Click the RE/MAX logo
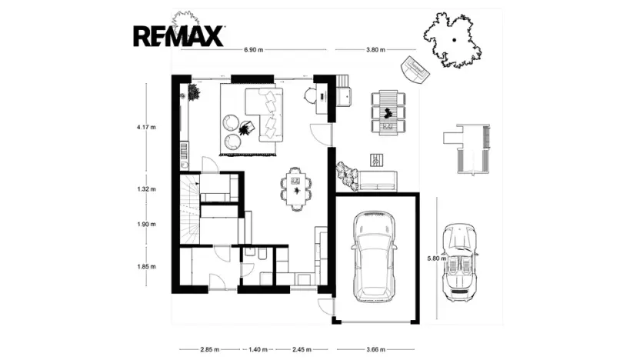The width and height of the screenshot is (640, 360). [178, 36]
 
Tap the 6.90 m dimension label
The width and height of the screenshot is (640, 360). [254, 50]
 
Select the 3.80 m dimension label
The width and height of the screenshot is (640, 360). [375, 50]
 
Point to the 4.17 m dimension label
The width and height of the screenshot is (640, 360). [146, 127]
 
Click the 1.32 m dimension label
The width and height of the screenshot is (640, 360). [146, 189]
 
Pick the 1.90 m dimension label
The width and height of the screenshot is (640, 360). [146, 224]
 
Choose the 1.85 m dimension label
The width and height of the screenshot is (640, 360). [146, 266]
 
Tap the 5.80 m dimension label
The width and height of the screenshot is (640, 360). [437, 258]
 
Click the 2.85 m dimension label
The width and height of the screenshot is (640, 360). [210, 349]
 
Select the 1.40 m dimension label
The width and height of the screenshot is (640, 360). [258, 349]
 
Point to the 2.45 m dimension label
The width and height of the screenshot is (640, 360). [302, 349]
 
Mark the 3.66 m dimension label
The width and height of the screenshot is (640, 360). [375, 349]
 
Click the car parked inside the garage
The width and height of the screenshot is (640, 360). [375, 257]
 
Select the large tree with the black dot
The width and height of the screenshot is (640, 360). [452, 41]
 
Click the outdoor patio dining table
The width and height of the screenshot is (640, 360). [388, 112]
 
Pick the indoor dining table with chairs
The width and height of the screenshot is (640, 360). [296, 189]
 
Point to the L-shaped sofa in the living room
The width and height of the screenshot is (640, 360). [264, 115]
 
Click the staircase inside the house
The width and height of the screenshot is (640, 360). [190, 208]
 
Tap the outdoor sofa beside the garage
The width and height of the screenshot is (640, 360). [377, 182]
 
